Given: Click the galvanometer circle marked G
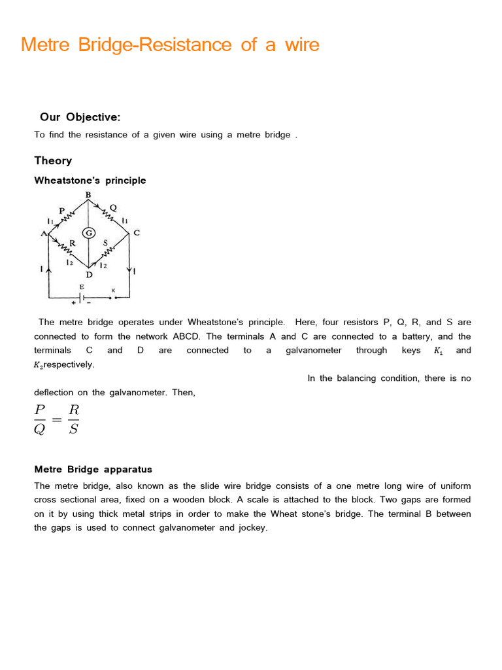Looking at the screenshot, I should (88, 234).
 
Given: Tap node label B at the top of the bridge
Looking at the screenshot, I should (88, 195).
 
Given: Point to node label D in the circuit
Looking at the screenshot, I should (89, 275).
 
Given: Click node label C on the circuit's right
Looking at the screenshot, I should (137, 232).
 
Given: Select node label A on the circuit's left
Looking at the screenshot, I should (44, 234).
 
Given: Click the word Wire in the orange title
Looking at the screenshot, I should (301, 44).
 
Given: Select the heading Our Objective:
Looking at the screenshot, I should (80, 117).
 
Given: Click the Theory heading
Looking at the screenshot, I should (53, 160).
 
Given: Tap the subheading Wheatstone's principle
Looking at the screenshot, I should (90, 180).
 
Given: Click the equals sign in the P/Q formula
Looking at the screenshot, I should (57, 420).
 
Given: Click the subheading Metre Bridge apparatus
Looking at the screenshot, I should (93, 469).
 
